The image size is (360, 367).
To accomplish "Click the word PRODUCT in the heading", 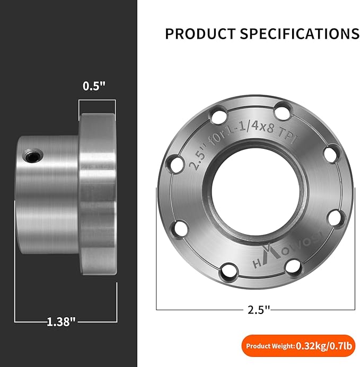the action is (200, 34).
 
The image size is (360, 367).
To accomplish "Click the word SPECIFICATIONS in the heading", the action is (300, 34).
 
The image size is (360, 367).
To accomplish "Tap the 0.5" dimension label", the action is (94, 86).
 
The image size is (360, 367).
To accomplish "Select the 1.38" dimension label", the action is (62, 321).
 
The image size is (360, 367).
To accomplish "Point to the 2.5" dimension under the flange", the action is (259, 310).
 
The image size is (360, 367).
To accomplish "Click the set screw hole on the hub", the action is (33, 155).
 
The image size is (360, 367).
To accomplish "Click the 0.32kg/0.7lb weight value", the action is (324, 346).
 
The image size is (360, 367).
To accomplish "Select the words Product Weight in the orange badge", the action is (270, 346).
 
